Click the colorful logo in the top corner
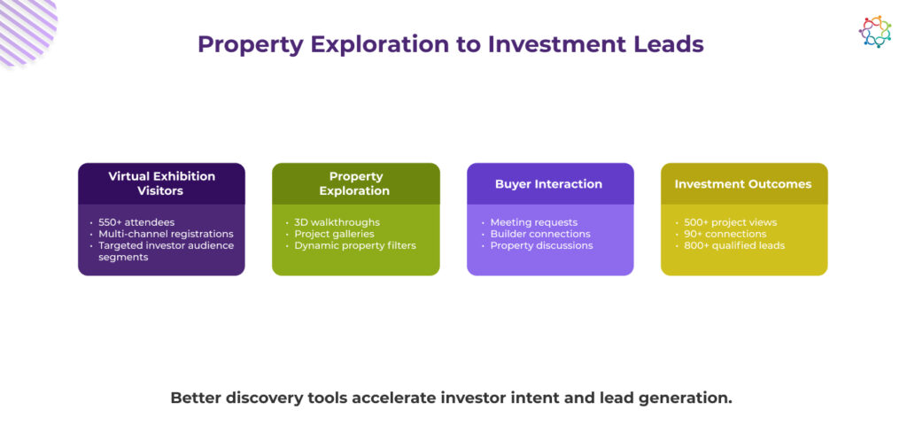(x=874, y=32)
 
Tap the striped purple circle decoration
(x=26, y=30)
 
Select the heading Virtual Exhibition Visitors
(x=161, y=183)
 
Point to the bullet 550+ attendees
(x=136, y=222)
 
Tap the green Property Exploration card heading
(x=356, y=183)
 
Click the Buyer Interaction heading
(x=548, y=184)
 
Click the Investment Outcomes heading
(x=743, y=184)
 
